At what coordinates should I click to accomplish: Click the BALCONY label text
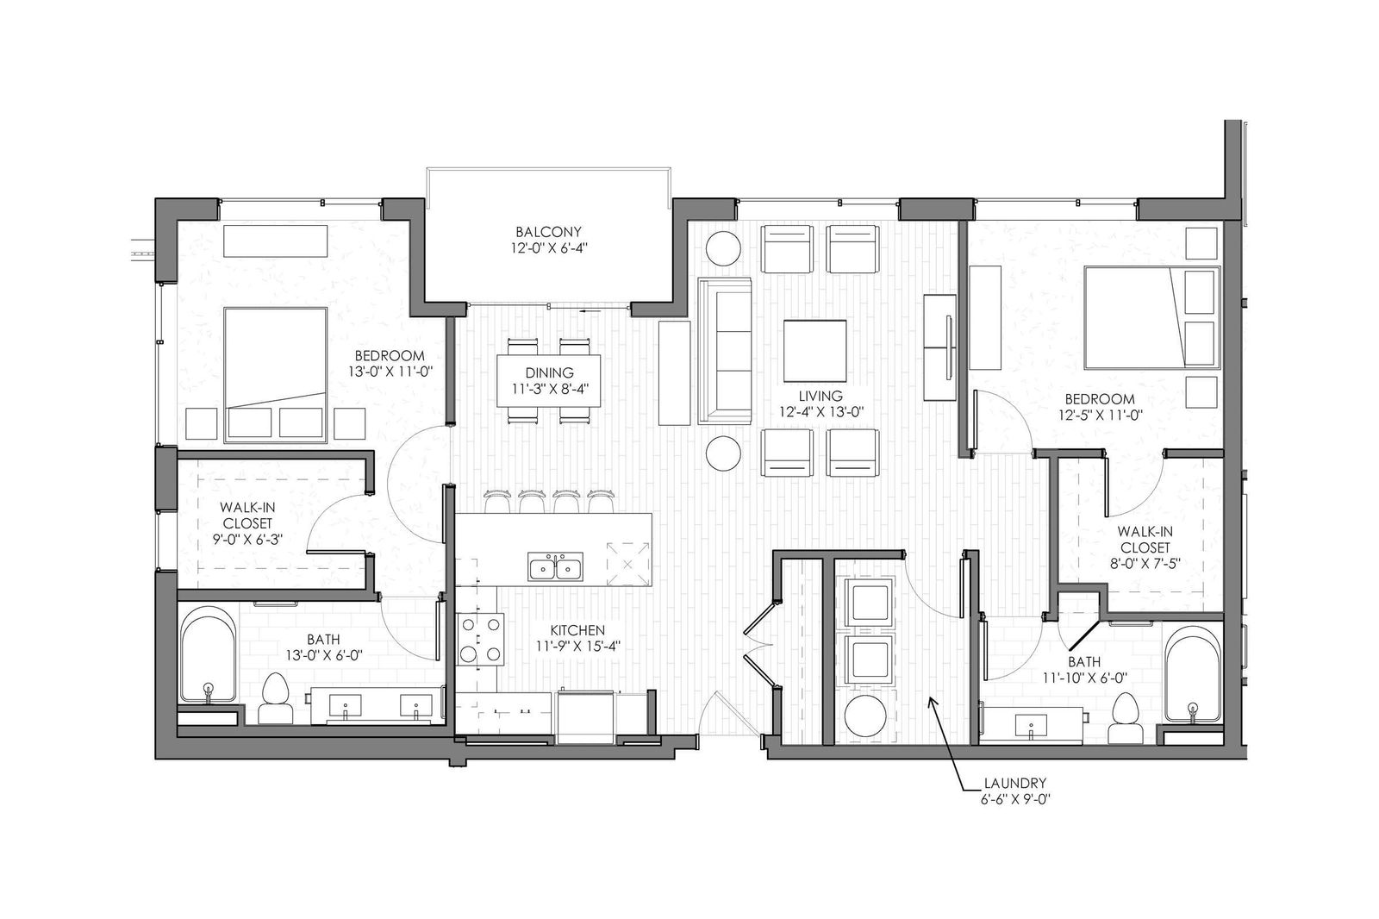pos(548,232)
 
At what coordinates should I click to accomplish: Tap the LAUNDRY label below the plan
pos(1014,784)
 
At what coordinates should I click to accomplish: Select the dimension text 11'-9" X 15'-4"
pos(577,646)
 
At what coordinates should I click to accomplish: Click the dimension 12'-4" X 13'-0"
pos(820,412)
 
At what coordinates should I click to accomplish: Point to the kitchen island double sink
pos(555,566)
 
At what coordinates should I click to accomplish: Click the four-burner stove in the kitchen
pos(480,640)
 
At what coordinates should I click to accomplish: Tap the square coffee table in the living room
pos(815,351)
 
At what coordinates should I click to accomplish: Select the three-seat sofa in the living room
pos(725,351)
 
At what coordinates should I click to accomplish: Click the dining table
pos(549,381)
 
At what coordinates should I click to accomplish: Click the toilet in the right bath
pos(1124,718)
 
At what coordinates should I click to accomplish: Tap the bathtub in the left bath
pos(209,654)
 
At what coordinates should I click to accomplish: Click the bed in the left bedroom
pos(275,375)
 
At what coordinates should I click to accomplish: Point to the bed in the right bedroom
pos(1151,318)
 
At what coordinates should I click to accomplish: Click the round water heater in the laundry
pos(865,716)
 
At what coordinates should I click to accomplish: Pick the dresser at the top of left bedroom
pos(275,241)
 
